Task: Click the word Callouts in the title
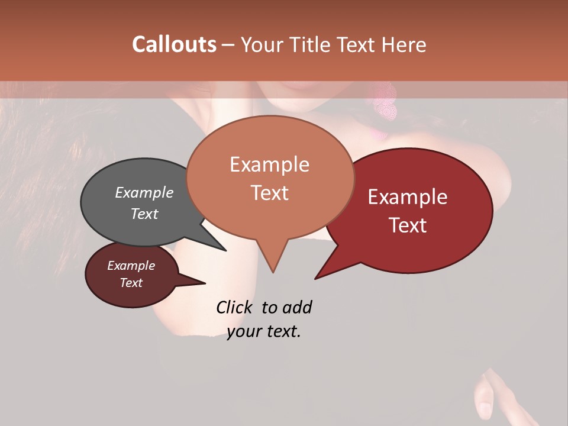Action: (x=174, y=44)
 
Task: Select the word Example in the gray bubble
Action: (x=144, y=193)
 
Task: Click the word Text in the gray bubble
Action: (x=144, y=214)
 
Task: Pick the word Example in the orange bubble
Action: (x=269, y=164)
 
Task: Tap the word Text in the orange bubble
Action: (x=269, y=193)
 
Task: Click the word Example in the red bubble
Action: (x=408, y=197)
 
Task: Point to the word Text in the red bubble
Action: (x=408, y=225)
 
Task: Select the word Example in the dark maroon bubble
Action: (x=131, y=266)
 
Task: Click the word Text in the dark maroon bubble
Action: (x=131, y=283)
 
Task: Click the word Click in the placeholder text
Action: (x=235, y=307)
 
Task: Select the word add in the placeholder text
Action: (x=297, y=307)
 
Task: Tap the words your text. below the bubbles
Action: (x=264, y=331)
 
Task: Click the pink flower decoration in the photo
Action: (x=384, y=102)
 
